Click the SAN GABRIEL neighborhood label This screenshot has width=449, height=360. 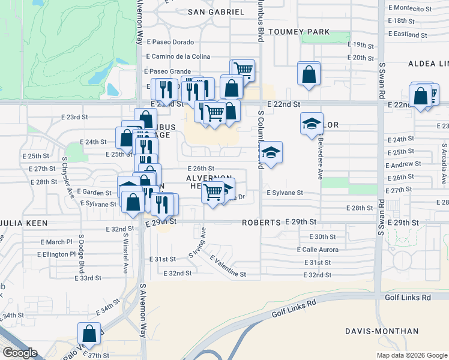click(x=216, y=12)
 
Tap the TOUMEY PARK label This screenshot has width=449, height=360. click(x=299, y=31)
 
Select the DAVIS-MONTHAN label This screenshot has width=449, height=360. click(x=382, y=331)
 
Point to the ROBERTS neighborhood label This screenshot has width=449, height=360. click(x=262, y=223)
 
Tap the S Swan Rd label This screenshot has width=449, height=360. click(x=381, y=80)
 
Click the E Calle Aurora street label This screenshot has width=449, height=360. click(x=318, y=250)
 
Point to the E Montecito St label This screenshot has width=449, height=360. click(x=410, y=8)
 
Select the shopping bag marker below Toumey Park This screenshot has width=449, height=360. click(x=309, y=74)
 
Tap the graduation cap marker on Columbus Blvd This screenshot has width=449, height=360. click(x=271, y=152)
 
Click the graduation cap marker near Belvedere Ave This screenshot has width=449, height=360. click(x=311, y=124)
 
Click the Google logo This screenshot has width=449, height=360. click(x=20, y=353)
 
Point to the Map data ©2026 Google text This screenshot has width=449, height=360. click(x=411, y=355)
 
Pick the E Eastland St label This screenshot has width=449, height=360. click(x=408, y=35)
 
